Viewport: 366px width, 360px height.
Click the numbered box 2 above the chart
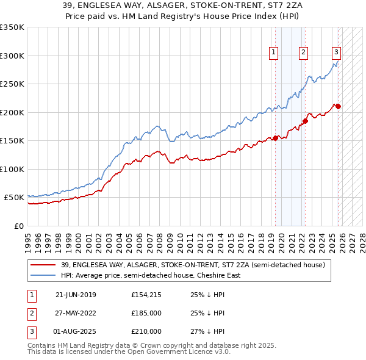(x=303, y=53)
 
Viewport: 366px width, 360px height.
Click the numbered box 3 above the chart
(x=336, y=53)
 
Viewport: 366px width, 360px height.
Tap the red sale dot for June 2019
(x=275, y=138)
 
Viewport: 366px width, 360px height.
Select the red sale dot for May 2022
(x=306, y=121)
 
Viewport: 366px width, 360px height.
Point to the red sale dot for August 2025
(x=339, y=106)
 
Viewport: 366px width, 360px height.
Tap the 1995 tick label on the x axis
(x=27, y=239)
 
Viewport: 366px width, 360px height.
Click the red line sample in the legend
(x=43, y=265)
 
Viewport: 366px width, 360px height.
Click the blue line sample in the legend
(x=43, y=275)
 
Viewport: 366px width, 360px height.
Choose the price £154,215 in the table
(x=146, y=295)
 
